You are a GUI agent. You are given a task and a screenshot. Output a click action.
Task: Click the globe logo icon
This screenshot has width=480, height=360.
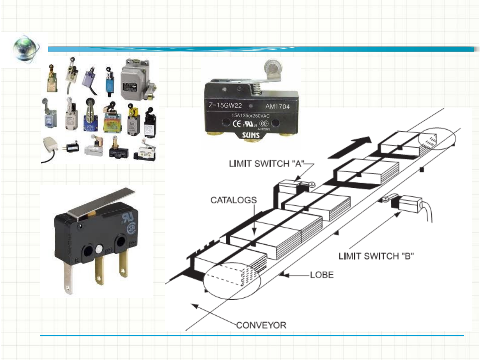[26, 49]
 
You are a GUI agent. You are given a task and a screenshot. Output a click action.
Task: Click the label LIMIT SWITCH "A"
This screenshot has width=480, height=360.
[266, 164]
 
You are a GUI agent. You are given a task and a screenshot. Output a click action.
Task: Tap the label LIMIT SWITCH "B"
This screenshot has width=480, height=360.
[376, 256]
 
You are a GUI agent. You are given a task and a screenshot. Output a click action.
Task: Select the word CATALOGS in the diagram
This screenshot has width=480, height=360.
[234, 200]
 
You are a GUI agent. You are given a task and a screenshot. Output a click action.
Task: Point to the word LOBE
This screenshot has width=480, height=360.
[322, 275]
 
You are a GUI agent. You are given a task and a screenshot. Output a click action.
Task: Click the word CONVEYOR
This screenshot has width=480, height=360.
[261, 325]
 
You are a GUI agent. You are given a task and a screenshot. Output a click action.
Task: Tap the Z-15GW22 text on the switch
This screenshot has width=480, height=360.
[225, 106]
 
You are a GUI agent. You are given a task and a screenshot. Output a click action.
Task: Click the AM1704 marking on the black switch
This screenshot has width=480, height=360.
[277, 107]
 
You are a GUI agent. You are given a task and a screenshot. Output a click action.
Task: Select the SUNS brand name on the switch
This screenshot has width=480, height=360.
[250, 135]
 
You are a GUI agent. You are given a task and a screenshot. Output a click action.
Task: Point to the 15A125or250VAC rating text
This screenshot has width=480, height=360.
[250, 116]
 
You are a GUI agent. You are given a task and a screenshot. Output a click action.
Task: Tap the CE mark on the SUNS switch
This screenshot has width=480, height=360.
[237, 124]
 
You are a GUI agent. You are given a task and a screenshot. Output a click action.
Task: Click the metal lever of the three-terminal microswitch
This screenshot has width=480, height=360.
[102, 203]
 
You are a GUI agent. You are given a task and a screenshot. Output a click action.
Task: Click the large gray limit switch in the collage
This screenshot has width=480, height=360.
[135, 80]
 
